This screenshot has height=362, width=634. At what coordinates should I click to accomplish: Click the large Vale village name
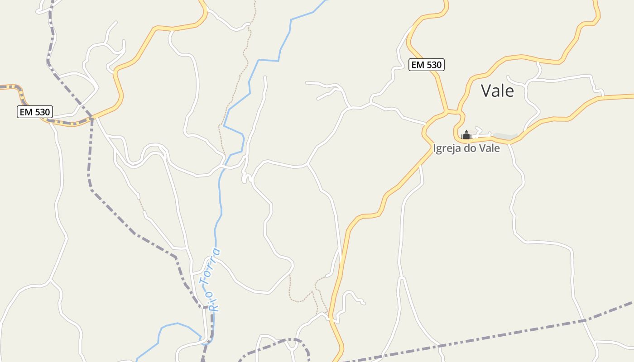[497, 91]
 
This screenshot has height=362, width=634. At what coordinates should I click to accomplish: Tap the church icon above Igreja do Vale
[466, 134]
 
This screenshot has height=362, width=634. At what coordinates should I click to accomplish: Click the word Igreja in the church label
[447, 148]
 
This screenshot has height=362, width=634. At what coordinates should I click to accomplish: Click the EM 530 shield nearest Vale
[426, 65]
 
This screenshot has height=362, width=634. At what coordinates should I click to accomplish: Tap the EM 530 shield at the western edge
[35, 112]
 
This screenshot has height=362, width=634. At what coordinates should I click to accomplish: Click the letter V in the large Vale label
[485, 91]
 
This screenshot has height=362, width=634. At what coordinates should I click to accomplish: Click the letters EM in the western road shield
[25, 112]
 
